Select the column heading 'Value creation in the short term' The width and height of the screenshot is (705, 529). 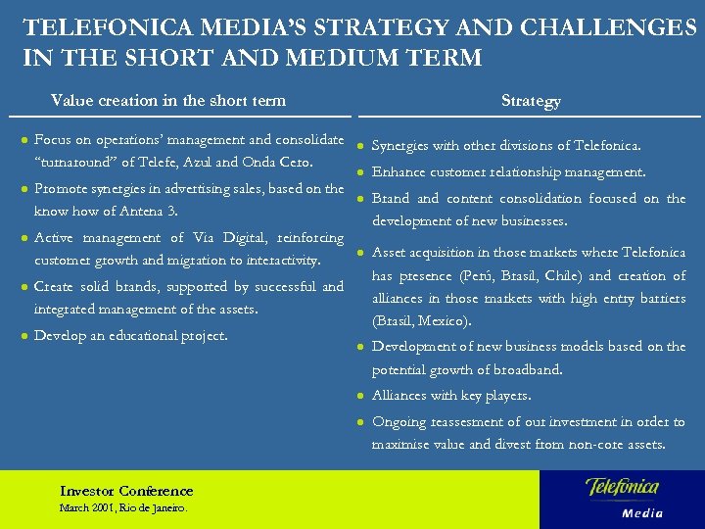[x=168, y=100]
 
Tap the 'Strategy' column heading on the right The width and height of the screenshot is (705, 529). [x=531, y=101]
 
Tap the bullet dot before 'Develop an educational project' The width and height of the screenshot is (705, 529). [x=23, y=336]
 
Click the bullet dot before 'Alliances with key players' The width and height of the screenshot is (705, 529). [x=360, y=396]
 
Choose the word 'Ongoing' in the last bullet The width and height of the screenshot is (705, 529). [x=399, y=422]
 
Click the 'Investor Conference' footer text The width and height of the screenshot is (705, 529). [x=126, y=491]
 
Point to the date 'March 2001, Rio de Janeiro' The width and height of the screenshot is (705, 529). [x=122, y=508]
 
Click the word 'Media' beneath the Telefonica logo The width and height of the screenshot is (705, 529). [x=642, y=513]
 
